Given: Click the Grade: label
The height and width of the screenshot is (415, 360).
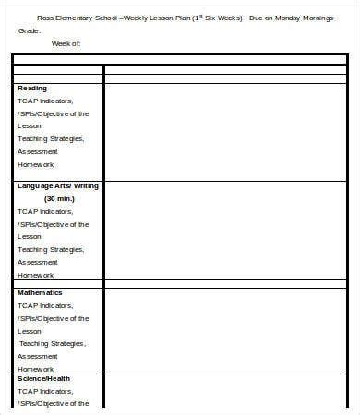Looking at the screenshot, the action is [30, 30].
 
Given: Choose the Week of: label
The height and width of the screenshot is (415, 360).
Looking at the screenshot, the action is [66, 43].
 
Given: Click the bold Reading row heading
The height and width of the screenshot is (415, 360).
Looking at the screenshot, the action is [32, 88].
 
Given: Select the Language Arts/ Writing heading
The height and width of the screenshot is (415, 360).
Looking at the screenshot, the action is [58, 185].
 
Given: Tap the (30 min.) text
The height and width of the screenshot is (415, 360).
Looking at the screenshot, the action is [59, 198].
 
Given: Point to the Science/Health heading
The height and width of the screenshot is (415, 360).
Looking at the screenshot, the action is [43, 377].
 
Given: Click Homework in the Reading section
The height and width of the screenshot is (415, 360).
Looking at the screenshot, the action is [36, 164].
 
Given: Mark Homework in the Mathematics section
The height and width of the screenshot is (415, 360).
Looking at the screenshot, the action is [36, 368].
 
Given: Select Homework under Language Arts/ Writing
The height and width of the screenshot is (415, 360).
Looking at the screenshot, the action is [36, 275].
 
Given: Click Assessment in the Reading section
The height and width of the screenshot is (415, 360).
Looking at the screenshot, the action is [38, 151].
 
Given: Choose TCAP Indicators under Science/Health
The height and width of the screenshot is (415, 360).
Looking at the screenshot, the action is [46, 391].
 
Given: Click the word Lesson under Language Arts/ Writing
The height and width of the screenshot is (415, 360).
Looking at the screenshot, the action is [30, 236].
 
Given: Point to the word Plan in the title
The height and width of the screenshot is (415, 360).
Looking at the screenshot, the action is [204, 18].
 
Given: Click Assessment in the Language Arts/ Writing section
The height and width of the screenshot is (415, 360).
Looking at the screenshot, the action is [38, 261].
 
